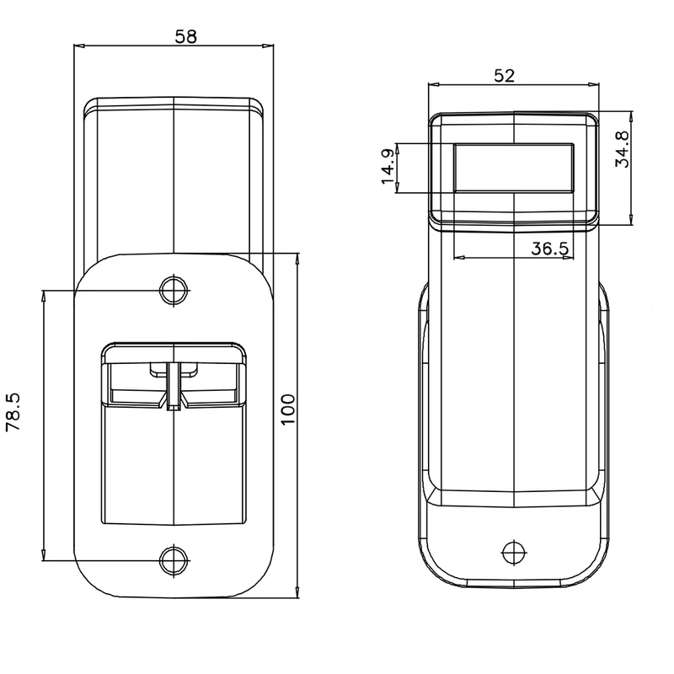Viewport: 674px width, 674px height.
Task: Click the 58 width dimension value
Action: point(185,36)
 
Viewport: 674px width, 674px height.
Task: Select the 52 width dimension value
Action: point(504,76)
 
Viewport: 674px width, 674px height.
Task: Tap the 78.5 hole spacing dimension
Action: point(13,412)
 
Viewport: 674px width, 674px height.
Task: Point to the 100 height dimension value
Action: point(288,409)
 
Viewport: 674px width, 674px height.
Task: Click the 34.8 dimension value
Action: point(622,149)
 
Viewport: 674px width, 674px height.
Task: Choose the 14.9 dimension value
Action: point(388,166)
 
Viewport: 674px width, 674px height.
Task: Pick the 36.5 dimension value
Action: point(550,249)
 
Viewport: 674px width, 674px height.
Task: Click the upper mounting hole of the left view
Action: point(174,291)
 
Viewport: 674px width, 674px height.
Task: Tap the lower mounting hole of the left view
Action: point(174,560)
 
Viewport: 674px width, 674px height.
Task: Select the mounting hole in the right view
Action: point(514,553)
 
